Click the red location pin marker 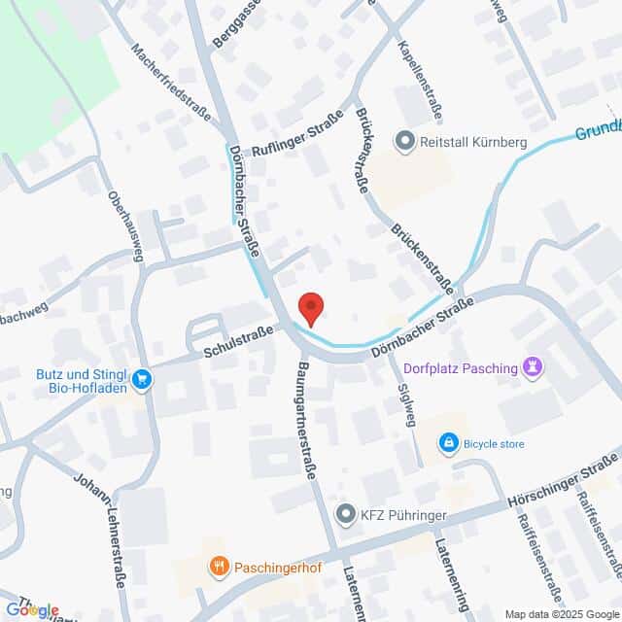click(310, 307)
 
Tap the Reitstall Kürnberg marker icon click(404, 142)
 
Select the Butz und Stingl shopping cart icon click(144, 379)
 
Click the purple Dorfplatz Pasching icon click(532, 366)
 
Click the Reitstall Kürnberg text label click(474, 143)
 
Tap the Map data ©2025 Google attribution click(561, 613)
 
